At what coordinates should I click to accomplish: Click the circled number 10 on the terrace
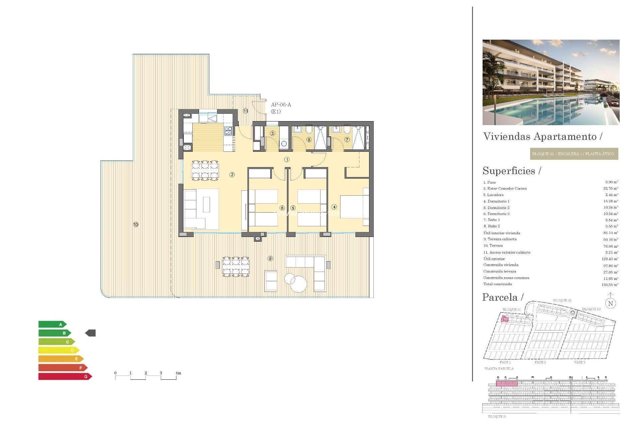pos(136,225)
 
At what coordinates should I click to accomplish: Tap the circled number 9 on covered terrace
pos(270,258)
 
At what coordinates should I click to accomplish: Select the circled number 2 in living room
pos(232,175)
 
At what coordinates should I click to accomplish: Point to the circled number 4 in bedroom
pos(334,207)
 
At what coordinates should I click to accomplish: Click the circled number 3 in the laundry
pos(273,133)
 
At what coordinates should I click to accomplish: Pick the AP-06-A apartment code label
pos(281,105)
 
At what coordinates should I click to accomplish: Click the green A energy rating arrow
pos(53,324)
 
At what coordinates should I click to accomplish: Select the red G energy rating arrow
pos(65,376)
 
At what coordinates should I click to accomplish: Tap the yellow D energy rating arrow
pos(59,350)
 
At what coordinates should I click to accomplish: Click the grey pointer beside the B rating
pos(91,333)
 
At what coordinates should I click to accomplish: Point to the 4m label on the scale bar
pos(178,373)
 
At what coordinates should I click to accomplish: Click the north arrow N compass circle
pos(610,303)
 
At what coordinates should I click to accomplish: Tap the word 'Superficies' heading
pos(509,171)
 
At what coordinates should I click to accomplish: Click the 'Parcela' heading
pos(500,297)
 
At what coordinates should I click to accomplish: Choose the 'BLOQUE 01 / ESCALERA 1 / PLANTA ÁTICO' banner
pos(574,154)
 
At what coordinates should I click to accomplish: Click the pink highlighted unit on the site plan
pos(505,319)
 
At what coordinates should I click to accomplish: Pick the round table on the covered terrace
pos(299,284)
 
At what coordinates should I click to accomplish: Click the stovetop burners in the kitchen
pos(228,131)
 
